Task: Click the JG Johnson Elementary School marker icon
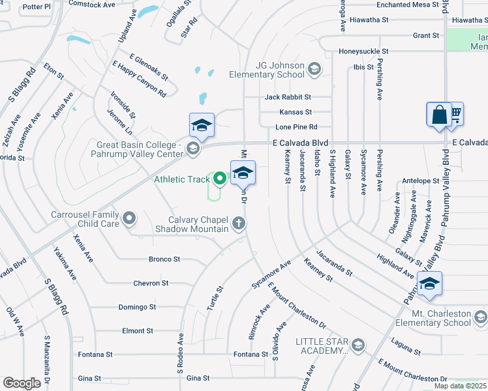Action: click(x=314, y=70)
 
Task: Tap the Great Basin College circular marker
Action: click(x=192, y=149)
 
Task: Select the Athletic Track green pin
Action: click(x=220, y=177)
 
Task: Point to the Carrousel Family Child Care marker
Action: click(x=129, y=218)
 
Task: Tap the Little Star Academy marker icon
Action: click(x=358, y=345)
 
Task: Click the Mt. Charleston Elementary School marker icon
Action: click(x=480, y=317)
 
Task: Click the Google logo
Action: click(x=22, y=383)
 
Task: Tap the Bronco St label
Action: click(x=164, y=259)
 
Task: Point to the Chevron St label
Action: click(x=151, y=283)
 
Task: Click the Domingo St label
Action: click(x=137, y=306)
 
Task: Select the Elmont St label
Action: click(x=137, y=330)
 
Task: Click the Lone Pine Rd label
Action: click(x=296, y=126)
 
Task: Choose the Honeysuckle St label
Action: click(x=363, y=51)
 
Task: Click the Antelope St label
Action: click(x=421, y=181)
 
